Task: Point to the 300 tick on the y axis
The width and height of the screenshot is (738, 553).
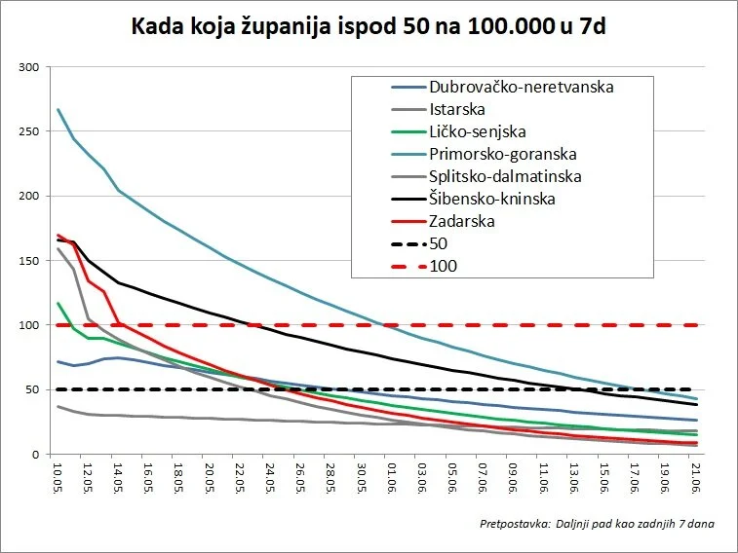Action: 30,67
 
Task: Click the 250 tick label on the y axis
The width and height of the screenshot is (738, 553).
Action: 30,131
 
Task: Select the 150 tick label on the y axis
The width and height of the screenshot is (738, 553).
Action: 30,261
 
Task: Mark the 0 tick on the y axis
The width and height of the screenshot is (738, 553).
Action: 37,455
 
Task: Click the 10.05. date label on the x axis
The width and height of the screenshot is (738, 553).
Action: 58,478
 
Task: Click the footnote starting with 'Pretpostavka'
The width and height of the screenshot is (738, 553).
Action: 597,525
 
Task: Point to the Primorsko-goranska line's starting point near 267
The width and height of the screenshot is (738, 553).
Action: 58,109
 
